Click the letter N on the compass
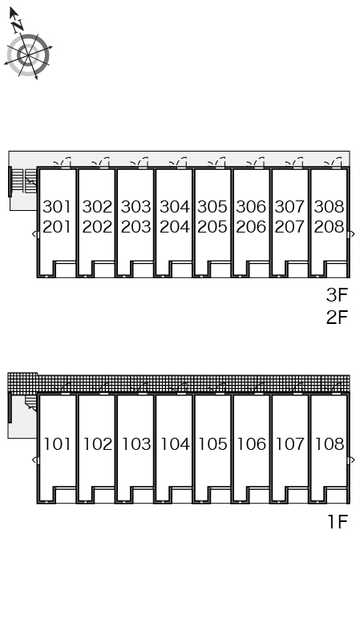[x=18, y=26]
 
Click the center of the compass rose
[x=28, y=55]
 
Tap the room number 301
[x=57, y=206]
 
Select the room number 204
[x=175, y=227]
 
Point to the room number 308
[x=329, y=206]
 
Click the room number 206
[x=251, y=227]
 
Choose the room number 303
[x=136, y=206]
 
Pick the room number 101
[x=57, y=444]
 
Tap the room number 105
[x=212, y=444]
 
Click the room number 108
[x=330, y=444]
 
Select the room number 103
[x=136, y=444]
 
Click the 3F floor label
[x=337, y=295]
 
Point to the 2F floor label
[x=337, y=317]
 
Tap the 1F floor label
[x=338, y=522]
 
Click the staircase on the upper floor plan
[x=25, y=180]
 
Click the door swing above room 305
[x=216, y=162]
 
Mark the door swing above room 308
[x=333, y=162]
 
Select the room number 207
[x=289, y=227]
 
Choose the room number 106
[x=252, y=444]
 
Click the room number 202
[x=97, y=227]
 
